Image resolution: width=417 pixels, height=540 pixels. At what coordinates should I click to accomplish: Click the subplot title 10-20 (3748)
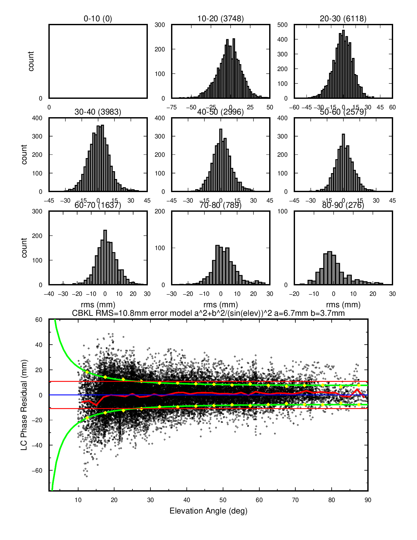tap(220, 19)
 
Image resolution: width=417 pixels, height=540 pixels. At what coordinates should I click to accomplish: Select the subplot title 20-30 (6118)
tap(343, 19)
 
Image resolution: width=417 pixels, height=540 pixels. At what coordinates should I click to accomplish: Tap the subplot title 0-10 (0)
tap(98, 19)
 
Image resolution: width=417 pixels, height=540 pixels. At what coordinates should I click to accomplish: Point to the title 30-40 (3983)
tap(98, 112)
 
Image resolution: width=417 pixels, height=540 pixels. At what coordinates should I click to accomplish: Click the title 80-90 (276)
tap(343, 205)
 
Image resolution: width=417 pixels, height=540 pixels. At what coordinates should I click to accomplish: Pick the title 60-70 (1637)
tap(98, 205)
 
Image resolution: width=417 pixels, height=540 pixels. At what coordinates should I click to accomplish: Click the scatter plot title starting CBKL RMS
tap(208, 313)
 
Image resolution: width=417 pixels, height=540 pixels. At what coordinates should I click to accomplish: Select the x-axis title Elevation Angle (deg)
tap(208, 511)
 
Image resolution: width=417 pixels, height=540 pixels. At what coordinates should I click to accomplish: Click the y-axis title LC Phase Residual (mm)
tap(24, 405)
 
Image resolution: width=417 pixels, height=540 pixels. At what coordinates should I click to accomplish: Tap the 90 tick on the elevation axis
tap(368, 500)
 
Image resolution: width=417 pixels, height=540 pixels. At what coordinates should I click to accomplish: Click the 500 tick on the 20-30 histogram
tap(282, 25)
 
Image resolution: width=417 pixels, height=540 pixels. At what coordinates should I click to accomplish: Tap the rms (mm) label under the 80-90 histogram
tap(343, 304)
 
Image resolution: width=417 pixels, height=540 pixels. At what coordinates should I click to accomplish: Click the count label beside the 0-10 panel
tap(31, 61)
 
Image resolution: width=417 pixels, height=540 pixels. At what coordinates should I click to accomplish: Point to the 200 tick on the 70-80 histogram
tap(160, 211)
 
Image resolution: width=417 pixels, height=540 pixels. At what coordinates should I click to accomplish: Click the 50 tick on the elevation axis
tap(223, 500)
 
